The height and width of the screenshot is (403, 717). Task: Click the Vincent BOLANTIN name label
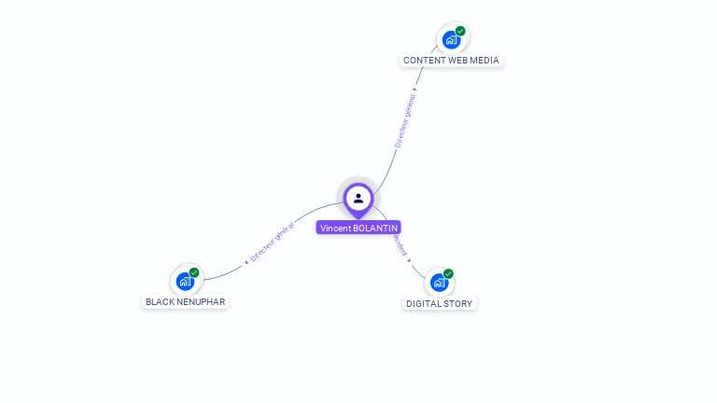[x=358, y=228]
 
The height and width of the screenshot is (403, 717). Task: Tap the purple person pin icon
[x=358, y=198]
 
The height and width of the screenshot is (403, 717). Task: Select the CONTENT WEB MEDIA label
[x=451, y=61]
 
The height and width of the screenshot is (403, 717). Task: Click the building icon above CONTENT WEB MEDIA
[x=451, y=40]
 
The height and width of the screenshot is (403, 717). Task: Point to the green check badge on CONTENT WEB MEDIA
[x=460, y=31]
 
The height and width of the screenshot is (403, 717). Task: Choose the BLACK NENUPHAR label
[x=185, y=302]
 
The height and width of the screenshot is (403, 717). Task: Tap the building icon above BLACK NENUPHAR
[x=185, y=281]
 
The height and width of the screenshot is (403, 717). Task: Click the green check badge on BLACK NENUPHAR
[x=194, y=272]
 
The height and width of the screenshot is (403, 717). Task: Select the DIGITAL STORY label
[x=440, y=303]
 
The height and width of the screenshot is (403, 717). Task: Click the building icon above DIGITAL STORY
[x=439, y=283]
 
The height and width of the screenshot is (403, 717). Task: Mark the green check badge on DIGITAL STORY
[x=448, y=273]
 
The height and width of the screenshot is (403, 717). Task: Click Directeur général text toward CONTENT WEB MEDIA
[x=405, y=119]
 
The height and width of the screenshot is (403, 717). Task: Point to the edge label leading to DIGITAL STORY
[x=401, y=245]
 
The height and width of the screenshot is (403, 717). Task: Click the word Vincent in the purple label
[x=335, y=228]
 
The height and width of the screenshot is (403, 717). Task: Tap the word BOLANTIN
[x=375, y=228]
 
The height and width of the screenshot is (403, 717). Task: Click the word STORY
[x=458, y=303]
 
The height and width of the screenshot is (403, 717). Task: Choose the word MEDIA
[x=484, y=61]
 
